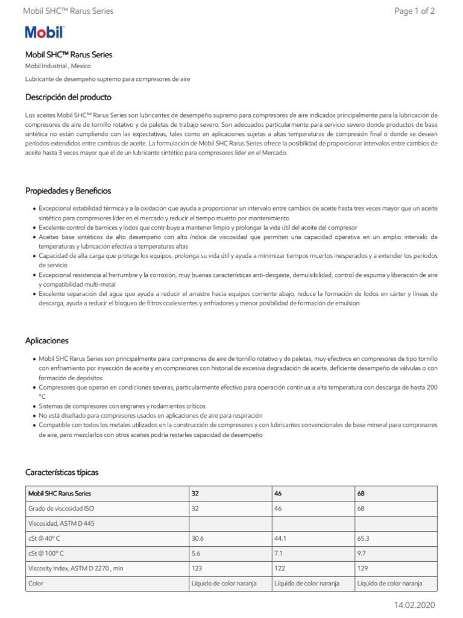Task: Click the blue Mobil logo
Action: point(44,33)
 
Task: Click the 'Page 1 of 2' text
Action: point(414,11)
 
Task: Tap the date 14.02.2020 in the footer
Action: point(414,605)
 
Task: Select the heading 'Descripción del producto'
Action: point(68,97)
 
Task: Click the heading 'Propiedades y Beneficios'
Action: point(68,191)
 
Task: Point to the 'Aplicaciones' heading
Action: point(46,341)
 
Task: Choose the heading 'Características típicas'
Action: point(61,472)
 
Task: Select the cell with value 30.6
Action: point(198,538)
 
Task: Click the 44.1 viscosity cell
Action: point(280,538)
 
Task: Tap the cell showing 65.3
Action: point(364,538)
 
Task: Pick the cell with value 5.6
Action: point(196,553)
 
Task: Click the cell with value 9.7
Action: point(362,553)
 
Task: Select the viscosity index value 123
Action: point(197,569)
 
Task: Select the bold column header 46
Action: point(278,493)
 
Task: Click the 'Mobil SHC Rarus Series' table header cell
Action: point(60,493)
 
